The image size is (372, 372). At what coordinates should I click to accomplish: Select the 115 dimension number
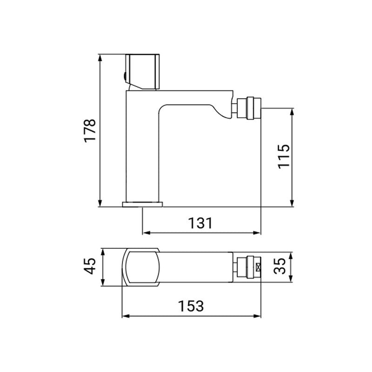pos(284,157)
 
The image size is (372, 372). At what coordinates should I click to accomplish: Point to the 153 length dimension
pos(191,306)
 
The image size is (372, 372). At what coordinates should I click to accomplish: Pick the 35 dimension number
pos(279,267)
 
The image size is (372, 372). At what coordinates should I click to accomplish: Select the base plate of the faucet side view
pos(143,204)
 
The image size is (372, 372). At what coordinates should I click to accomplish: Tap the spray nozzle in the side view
pos(249,107)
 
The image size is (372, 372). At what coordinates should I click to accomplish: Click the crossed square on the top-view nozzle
pos(259,268)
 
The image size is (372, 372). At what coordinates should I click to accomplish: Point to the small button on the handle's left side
pos(124,77)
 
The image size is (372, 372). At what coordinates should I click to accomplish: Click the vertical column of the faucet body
pos(142,149)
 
